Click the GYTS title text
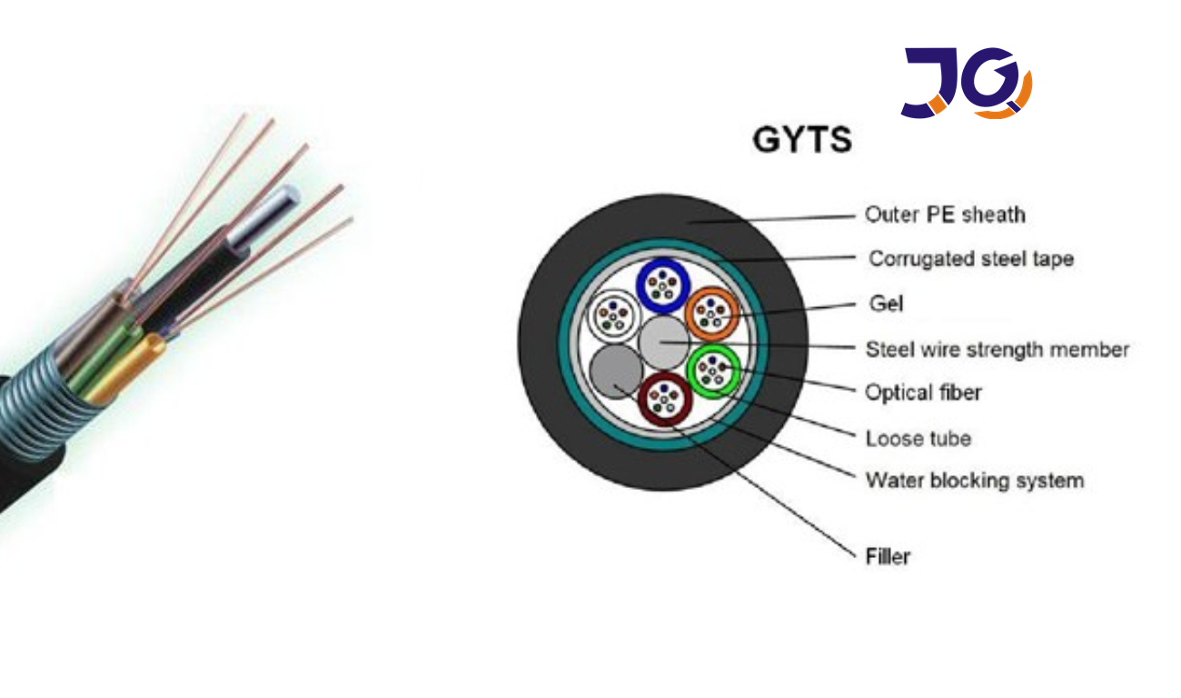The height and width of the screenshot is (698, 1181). tap(802, 140)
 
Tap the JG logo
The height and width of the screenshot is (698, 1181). tap(966, 83)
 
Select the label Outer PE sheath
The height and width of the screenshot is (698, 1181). tap(944, 214)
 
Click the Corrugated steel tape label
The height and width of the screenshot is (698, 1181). tap(970, 259)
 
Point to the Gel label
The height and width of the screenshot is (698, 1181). tap(886, 304)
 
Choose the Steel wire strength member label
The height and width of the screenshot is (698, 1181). tap(997, 349)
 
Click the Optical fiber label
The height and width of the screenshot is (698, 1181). tap(923, 393)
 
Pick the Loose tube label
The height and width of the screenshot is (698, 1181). tap(918, 438)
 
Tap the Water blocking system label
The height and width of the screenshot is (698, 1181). tap(974, 480)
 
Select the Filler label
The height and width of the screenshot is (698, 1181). tap(888, 555)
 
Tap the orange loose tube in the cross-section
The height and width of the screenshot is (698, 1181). tap(711, 314)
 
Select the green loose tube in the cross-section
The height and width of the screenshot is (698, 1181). tap(714, 369)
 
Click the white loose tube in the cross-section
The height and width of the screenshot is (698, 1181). tap(611, 315)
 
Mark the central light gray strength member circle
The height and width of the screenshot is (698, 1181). tap(665, 342)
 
